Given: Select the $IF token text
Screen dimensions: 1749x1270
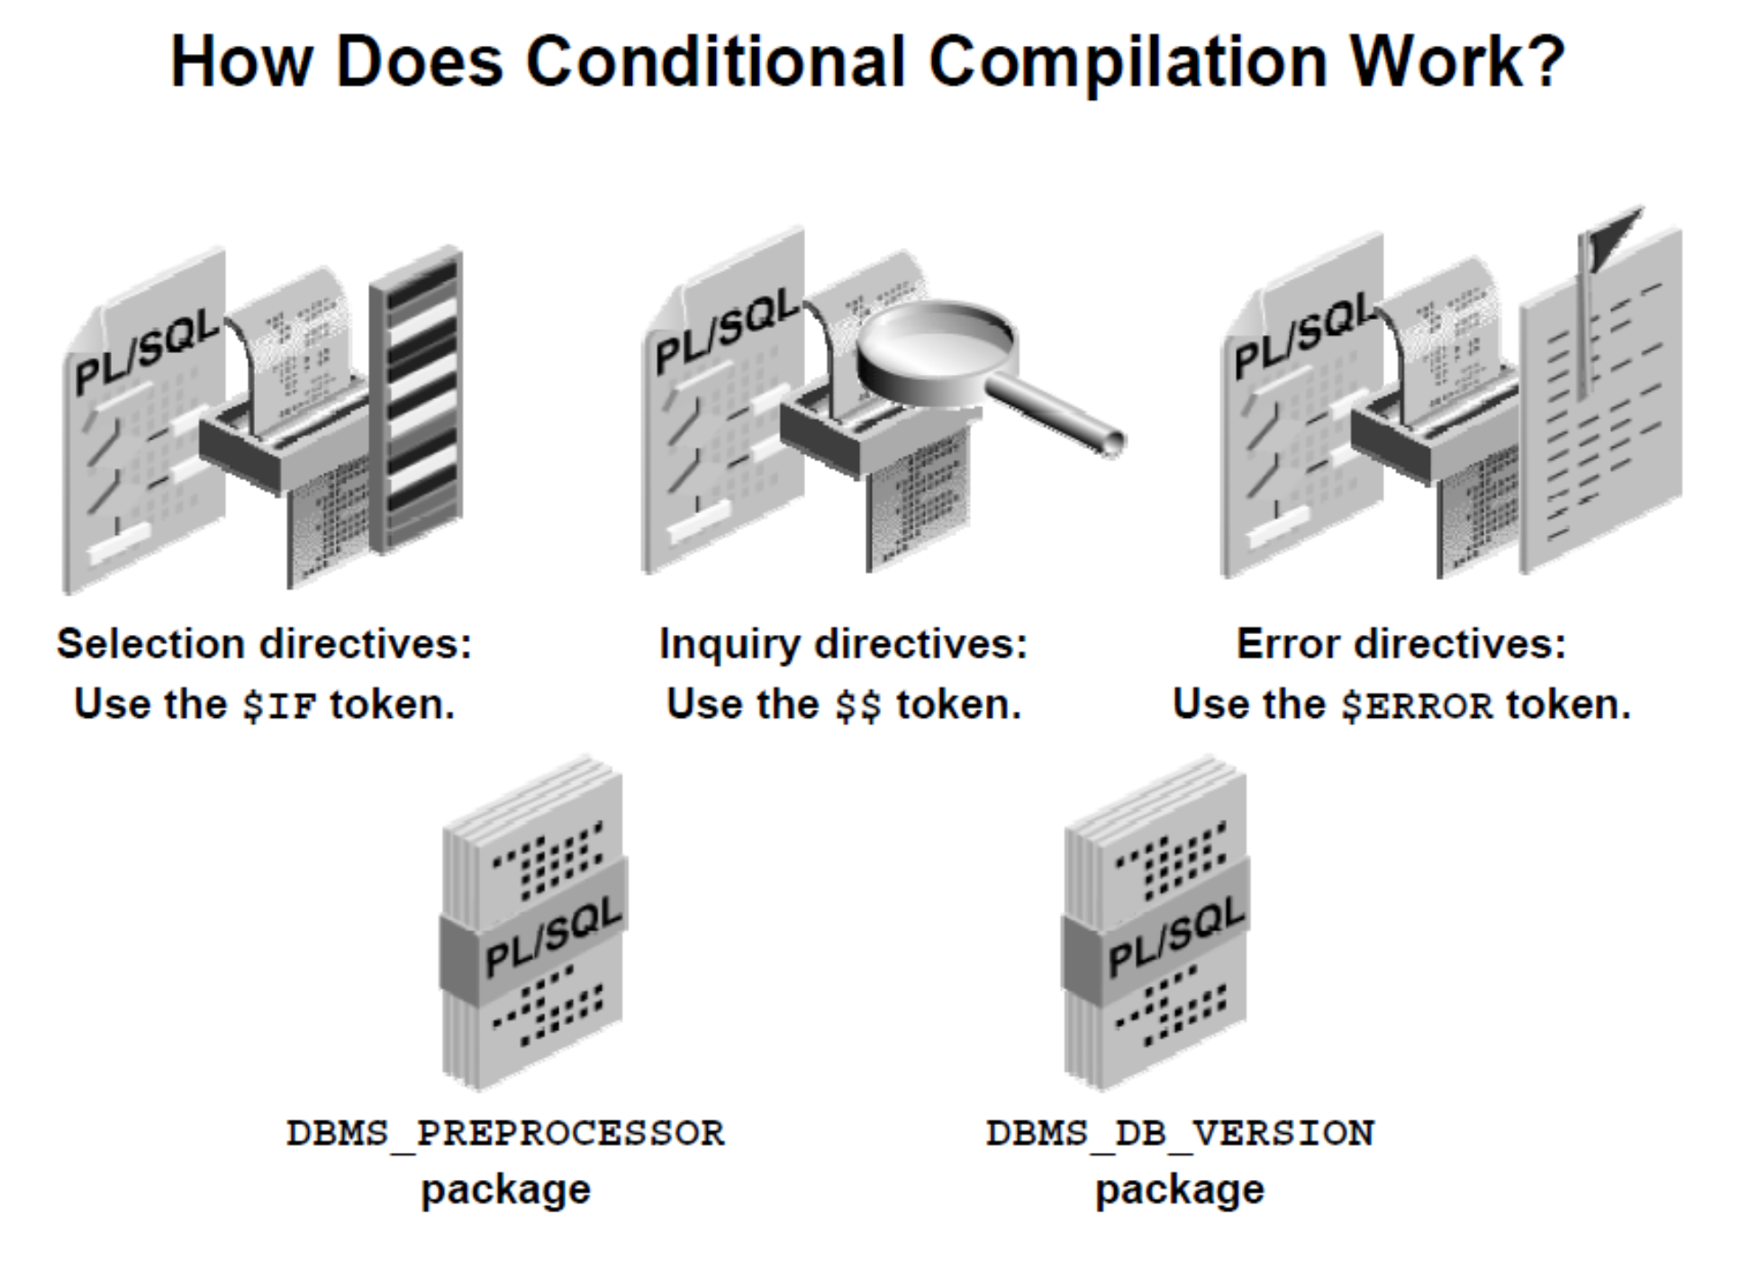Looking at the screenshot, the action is pos(279,705).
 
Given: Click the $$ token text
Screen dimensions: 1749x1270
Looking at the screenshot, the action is pos(857,705).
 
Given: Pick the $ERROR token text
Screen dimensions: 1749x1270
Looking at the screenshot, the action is pos(1417,705).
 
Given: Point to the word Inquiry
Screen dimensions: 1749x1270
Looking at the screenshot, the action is pos(729,645).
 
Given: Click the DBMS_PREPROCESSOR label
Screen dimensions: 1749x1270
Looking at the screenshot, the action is pos(505,1132).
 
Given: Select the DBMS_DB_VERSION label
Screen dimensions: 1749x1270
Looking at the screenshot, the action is pos(1180,1132).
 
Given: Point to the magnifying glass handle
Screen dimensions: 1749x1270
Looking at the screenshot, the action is pos(1058,414).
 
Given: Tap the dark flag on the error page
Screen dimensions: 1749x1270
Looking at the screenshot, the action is pos(1613,235).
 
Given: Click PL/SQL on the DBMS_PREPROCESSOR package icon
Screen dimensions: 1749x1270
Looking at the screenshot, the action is pos(552,937).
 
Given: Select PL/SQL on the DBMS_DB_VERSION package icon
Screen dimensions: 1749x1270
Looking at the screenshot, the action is pos(1174,937).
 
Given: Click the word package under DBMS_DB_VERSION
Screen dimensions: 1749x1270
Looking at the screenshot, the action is pos(1179,1190).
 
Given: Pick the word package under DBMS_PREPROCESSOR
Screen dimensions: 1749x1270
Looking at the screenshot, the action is pos(505,1190).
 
